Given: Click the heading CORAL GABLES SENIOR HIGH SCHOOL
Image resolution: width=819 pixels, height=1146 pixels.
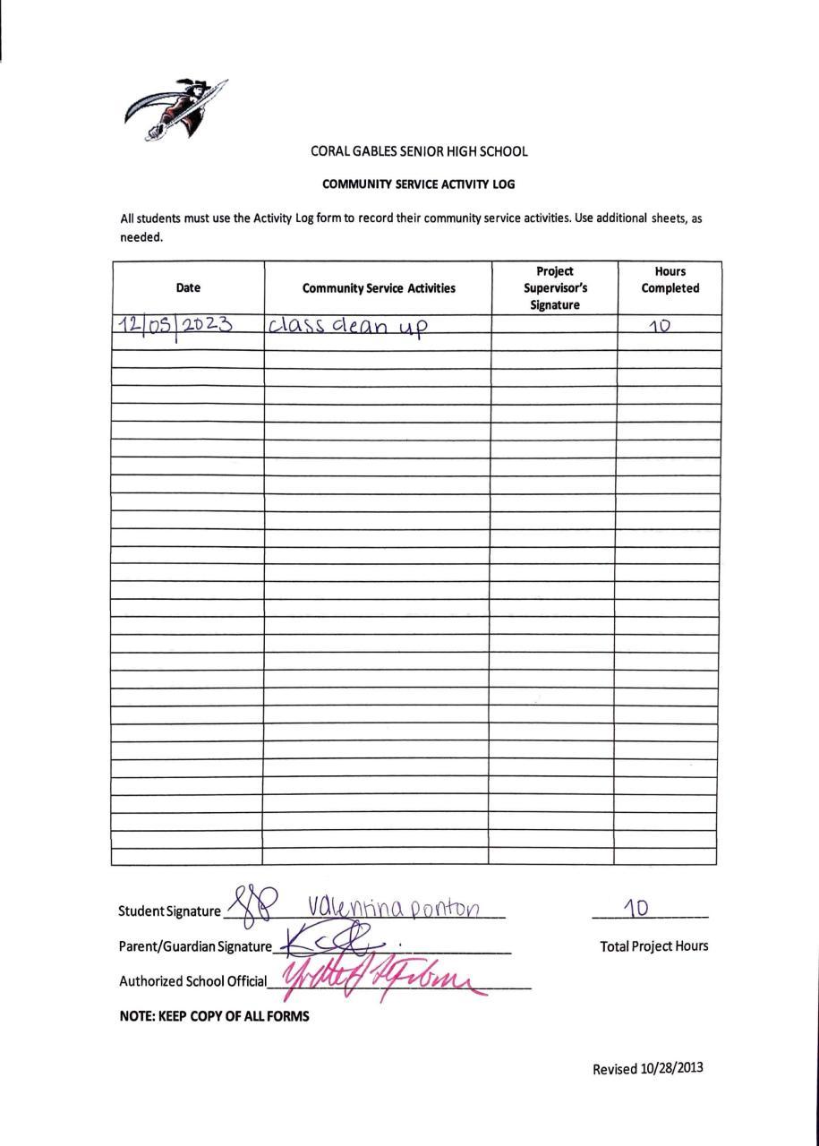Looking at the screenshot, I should point(419,151).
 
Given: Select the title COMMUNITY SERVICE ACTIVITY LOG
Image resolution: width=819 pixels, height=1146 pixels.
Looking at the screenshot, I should point(418,184).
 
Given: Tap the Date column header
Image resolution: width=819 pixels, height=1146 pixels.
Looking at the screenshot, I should point(188,287).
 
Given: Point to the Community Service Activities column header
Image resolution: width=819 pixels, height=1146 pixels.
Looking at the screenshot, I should point(379,288).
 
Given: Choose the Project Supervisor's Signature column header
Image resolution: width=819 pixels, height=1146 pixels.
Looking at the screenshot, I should point(555,287).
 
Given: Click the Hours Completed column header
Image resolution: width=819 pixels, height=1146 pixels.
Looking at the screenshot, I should point(670,279).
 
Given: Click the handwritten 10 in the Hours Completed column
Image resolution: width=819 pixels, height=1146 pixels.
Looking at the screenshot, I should point(660,325).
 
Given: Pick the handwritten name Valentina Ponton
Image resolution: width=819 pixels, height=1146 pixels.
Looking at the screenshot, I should point(395,908).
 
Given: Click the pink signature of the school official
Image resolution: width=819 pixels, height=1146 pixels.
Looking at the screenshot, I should point(385,978).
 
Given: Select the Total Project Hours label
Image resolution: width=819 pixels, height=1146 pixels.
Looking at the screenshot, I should point(653,945).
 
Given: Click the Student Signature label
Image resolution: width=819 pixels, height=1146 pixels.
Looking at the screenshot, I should point(169,911).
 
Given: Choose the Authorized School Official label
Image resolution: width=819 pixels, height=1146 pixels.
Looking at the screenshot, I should point(192,981).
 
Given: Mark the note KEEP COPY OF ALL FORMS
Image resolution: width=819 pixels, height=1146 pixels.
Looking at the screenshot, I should point(214,1016).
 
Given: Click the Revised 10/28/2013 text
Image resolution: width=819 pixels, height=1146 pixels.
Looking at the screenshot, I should point(648,1068).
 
